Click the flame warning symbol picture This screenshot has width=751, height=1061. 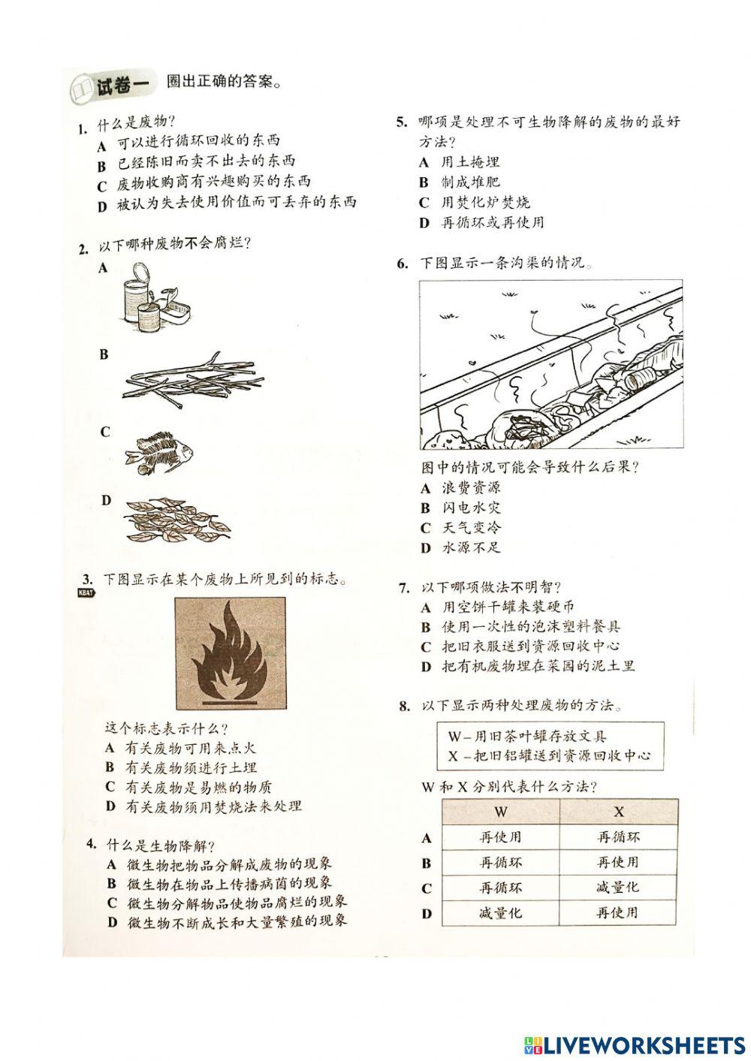(230, 654)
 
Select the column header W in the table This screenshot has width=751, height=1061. (501, 812)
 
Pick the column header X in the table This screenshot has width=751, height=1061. (618, 812)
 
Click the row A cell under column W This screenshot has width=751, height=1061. (501, 837)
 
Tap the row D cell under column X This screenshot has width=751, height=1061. (618, 913)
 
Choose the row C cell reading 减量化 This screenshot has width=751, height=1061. (618, 888)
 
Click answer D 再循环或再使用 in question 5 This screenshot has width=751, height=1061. (492, 222)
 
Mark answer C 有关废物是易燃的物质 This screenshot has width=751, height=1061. (198, 787)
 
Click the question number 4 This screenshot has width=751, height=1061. (90, 845)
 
